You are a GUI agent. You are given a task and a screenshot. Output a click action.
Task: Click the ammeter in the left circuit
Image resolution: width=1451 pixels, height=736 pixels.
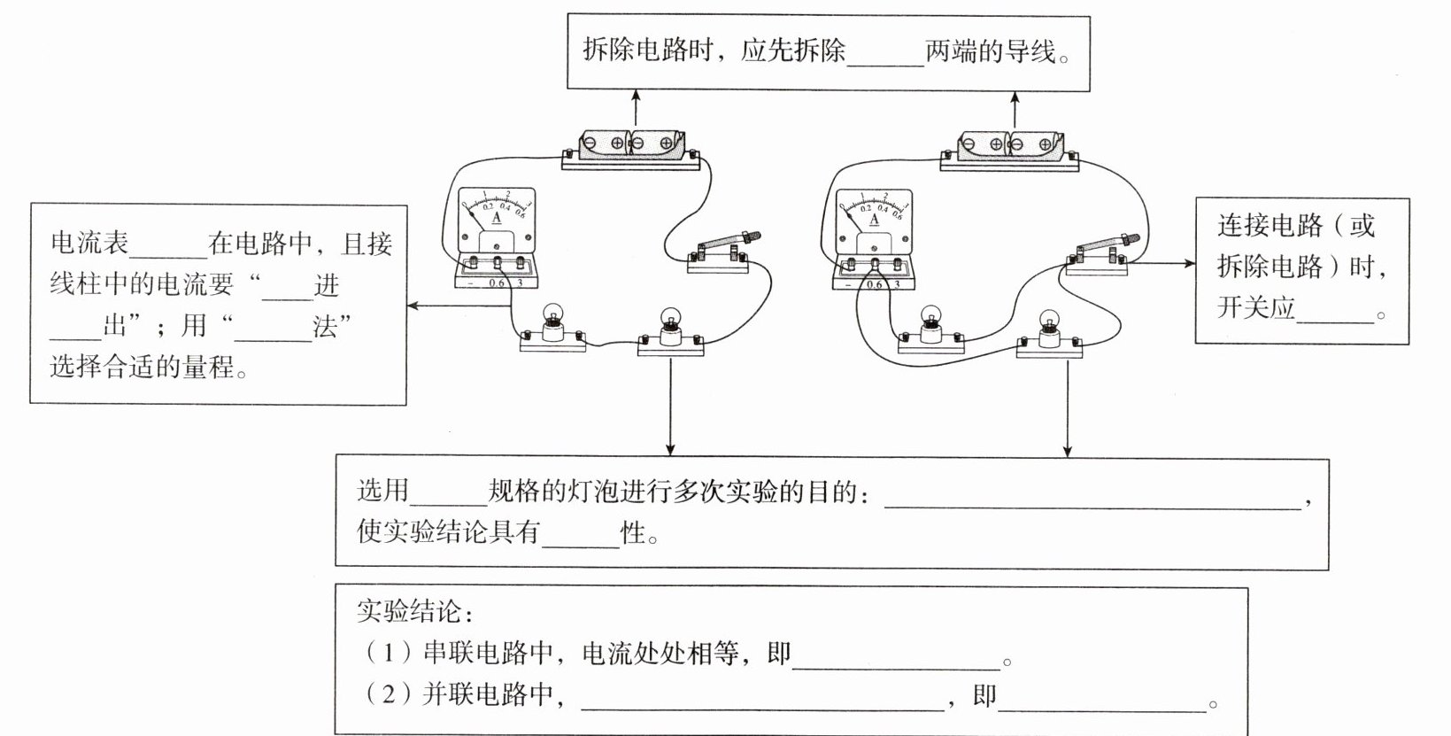point(496,237)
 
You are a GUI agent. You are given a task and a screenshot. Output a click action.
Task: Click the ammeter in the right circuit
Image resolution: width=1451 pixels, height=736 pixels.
point(874,239)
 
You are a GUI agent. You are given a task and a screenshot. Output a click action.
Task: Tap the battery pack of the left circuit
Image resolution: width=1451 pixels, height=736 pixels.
point(631,151)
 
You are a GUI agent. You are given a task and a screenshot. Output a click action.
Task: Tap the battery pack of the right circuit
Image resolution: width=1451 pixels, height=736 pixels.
point(1010,151)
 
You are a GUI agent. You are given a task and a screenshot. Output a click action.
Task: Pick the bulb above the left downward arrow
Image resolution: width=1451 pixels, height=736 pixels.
point(671,332)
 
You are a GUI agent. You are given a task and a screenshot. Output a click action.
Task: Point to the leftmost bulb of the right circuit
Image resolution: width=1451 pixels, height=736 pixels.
point(930,329)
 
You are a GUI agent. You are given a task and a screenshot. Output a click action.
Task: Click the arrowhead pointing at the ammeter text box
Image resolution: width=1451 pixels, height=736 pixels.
point(413,306)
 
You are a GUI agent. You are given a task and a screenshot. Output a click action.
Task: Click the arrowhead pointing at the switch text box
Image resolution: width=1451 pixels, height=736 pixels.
point(1189,263)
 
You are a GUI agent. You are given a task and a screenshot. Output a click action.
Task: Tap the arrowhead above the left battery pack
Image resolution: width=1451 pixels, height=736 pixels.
point(637,95)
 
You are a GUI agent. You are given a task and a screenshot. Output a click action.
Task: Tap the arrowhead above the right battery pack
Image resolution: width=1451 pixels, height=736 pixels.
point(1015,97)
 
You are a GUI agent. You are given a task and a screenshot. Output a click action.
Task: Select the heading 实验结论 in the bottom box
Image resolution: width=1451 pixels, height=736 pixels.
point(409,610)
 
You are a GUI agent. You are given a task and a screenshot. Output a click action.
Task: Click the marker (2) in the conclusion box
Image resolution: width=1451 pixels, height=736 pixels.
point(388,694)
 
